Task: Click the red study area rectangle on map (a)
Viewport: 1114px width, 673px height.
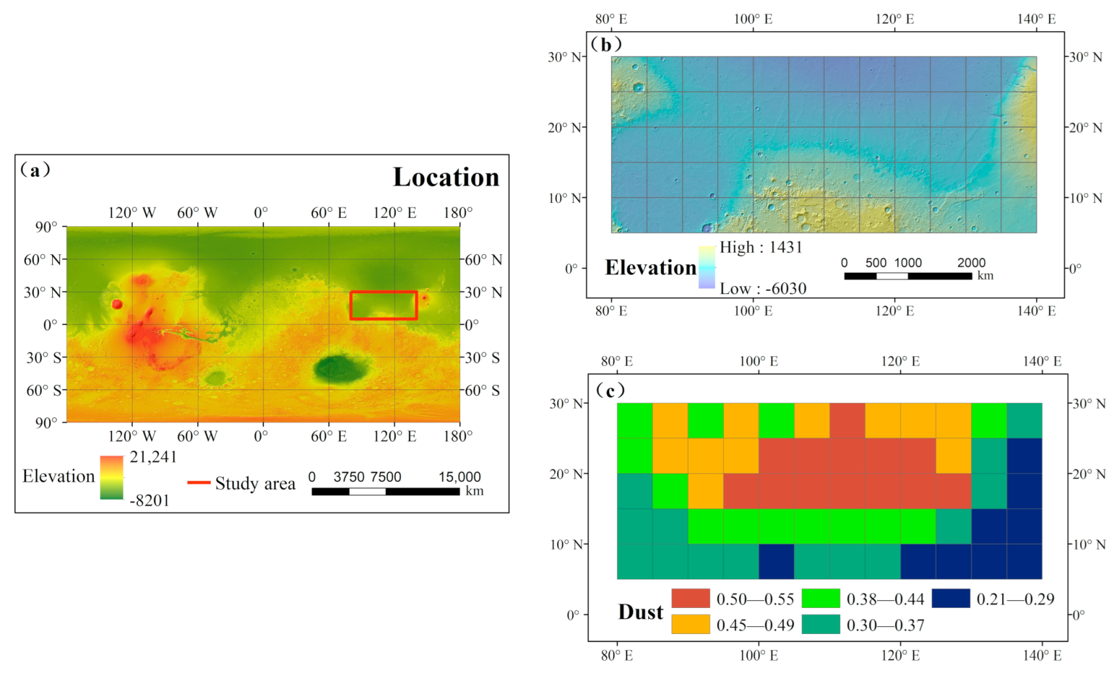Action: click(383, 292)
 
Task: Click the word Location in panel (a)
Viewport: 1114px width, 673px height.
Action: click(446, 178)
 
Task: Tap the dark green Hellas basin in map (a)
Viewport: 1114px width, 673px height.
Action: click(340, 369)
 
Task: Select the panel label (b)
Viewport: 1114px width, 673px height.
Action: click(606, 44)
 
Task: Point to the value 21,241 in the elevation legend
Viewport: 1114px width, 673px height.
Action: click(153, 457)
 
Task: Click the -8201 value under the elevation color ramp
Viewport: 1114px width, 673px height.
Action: click(150, 501)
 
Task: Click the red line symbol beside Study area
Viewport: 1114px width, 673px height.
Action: click(198, 482)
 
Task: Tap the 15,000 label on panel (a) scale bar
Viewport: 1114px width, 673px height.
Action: click(459, 477)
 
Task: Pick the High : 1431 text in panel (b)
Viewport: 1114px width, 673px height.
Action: click(761, 247)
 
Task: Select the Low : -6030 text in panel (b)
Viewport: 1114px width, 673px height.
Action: click(763, 289)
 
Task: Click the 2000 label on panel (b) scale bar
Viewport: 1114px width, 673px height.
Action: click(971, 263)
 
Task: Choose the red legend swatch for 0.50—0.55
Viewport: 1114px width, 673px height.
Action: click(690, 598)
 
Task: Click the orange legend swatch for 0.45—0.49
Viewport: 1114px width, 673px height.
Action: click(690, 624)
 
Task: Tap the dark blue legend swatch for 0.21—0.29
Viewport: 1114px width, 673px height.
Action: click(950, 598)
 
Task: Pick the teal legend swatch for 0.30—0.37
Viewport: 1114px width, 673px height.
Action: click(821, 624)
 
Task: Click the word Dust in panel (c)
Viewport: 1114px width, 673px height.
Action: click(640, 612)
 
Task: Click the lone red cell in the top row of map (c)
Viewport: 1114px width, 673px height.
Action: click(847, 420)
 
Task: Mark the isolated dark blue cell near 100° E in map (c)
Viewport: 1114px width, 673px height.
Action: click(776, 561)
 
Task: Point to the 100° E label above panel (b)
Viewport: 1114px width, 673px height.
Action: click(753, 19)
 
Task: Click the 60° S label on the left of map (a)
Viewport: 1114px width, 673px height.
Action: click(44, 391)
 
